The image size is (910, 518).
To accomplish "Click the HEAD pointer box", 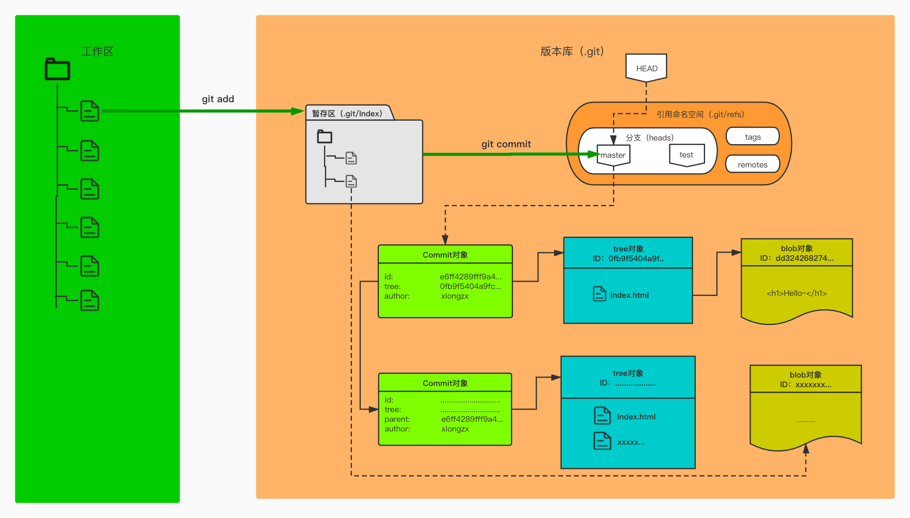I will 646,68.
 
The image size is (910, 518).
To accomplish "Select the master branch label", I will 613,155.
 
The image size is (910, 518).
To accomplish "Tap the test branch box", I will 687,155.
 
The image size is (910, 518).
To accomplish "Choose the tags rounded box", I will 753,137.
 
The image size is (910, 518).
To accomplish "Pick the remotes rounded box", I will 753,165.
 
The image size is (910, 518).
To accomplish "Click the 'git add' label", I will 218,99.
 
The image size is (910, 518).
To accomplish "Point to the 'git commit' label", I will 506,144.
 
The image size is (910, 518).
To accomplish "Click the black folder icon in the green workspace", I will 57,69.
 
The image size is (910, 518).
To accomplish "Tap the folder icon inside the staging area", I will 325,137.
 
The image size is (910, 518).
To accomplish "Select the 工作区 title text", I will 97,52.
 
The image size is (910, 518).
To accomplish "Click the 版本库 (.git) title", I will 572,52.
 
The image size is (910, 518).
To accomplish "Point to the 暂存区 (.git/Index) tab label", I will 347,114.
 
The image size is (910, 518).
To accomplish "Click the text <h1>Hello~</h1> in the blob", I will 797,293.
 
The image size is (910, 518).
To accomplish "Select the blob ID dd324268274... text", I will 797,258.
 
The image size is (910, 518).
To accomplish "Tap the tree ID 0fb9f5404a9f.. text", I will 629,259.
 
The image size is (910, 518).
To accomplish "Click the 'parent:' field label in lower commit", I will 397,419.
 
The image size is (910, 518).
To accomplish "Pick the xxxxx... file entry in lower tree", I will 631,442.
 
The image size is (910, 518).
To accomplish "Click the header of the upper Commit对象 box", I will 445,255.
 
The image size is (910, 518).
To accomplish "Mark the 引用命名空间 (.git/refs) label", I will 700,115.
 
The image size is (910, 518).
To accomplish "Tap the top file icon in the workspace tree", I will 90,111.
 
